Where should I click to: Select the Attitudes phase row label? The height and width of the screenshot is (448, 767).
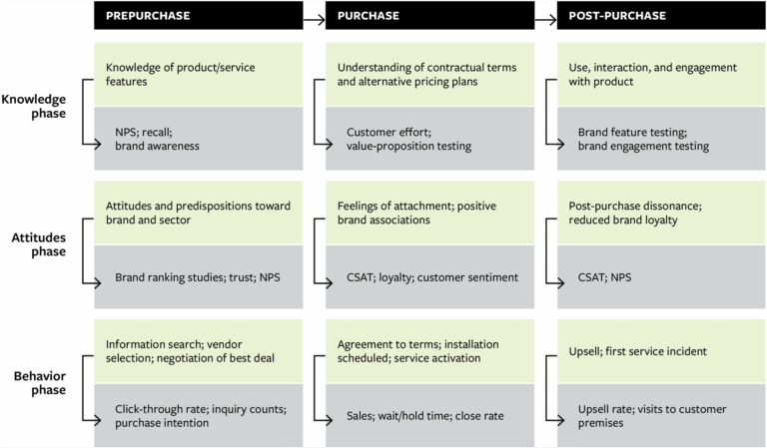[37, 243]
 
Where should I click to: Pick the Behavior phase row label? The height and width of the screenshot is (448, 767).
[37, 381]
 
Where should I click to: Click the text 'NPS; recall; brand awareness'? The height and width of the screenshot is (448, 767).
[157, 139]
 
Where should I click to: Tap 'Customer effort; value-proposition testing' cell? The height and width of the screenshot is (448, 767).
[408, 139]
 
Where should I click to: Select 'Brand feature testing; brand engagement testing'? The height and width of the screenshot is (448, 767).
[643, 139]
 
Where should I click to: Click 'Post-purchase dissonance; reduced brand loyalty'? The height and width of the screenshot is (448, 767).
[634, 213]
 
